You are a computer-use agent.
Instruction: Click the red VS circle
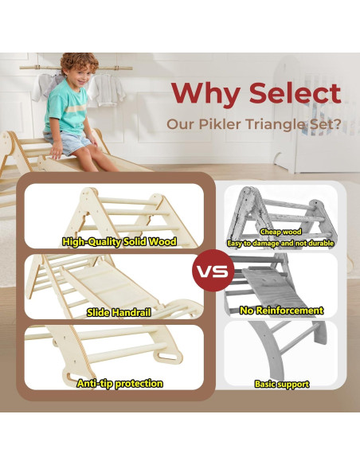pyautogui.click(x=212, y=270)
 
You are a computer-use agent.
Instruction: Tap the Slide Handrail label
pyautogui.click(x=119, y=312)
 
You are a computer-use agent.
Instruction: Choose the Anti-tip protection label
pyautogui.click(x=119, y=383)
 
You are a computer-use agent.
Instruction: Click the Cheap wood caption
pyautogui.click(x=281, y=232)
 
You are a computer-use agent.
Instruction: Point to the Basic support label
pyautogui.click(x=281, y=384)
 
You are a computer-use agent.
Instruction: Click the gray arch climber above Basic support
pyautogui.click(x=283, y=350)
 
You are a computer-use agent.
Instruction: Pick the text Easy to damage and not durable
pyautogui.click(x=281, y=242)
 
